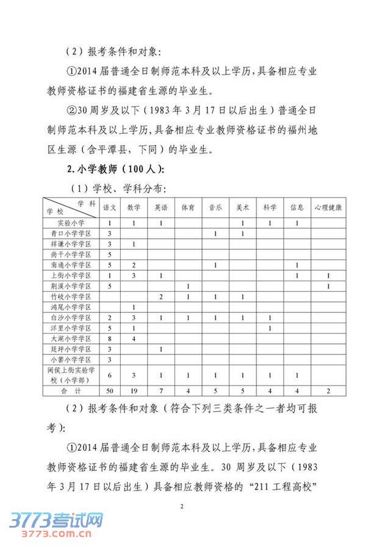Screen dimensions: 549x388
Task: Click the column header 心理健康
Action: point(328,207)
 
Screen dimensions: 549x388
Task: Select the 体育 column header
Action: point(187,207)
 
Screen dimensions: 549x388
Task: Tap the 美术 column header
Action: point(242,207)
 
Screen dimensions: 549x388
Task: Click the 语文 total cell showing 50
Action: point(110,391)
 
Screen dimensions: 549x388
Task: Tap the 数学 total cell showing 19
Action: point(134,391)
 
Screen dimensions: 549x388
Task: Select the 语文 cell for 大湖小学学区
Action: point(110,339)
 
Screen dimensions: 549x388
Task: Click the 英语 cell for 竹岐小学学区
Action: point(160,296)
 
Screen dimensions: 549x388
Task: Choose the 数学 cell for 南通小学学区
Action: point(134,265)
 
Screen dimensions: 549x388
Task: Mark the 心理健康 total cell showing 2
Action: point(328,391)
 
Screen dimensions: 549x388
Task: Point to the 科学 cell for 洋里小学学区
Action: point(269,328)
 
